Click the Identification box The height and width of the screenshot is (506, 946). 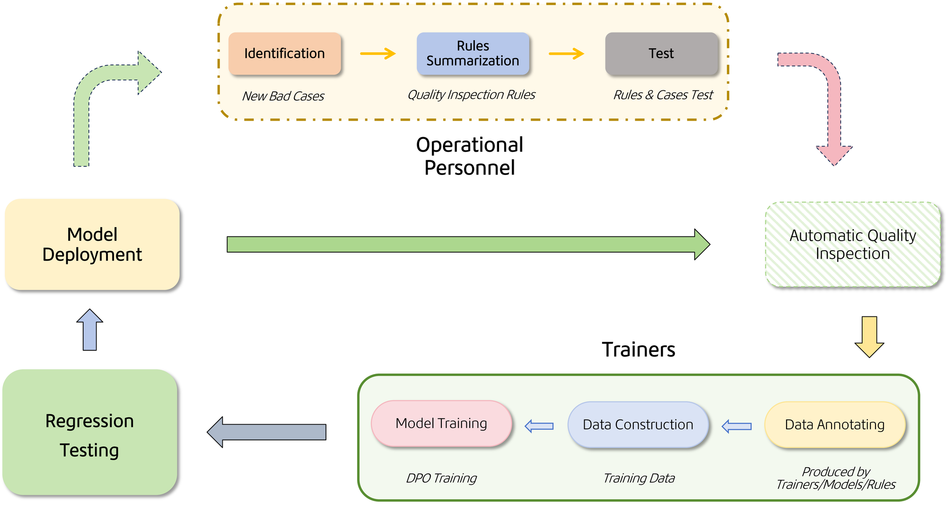(x=284, y=53)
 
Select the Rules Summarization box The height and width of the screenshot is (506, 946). (x=473, y=53)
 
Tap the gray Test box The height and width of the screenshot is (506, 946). (x=661, y=53)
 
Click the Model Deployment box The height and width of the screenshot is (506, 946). (x=92, y=244)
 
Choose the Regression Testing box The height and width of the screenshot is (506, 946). (x=90, y=433)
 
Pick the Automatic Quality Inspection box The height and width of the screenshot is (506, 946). (x=853, y=244)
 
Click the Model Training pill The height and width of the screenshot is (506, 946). (x=441, y=424)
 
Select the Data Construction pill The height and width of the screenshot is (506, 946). (x=638, y=425)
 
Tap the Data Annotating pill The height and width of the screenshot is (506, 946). (x=835, y=425)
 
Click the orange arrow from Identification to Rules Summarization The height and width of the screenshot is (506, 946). (x=377, y=53)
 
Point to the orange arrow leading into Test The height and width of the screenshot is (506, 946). (x=566, y=53)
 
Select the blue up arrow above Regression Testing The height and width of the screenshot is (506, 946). (x=90, y=330)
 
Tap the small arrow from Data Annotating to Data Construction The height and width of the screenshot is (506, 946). (x=736, y=426)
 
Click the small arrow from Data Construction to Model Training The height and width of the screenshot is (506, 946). (x=539, y=426)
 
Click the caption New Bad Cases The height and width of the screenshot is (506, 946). (x=283, y=96)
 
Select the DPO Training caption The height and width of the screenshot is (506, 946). (x=441, y=478)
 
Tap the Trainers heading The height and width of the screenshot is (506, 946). (x=638, y=350)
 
